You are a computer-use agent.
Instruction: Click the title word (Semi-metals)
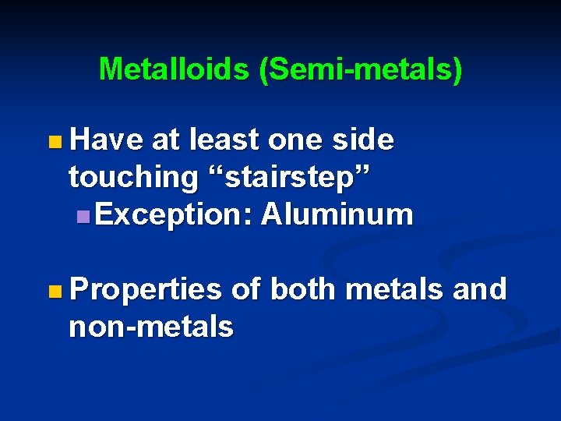point(361,70)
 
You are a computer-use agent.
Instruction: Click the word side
point(365,140)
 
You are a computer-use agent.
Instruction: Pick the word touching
point(133,178)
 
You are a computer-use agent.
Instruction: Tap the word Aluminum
point(337,214)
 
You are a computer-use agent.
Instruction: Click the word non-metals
point(151,327)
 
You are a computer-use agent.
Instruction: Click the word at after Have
point(164,140)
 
